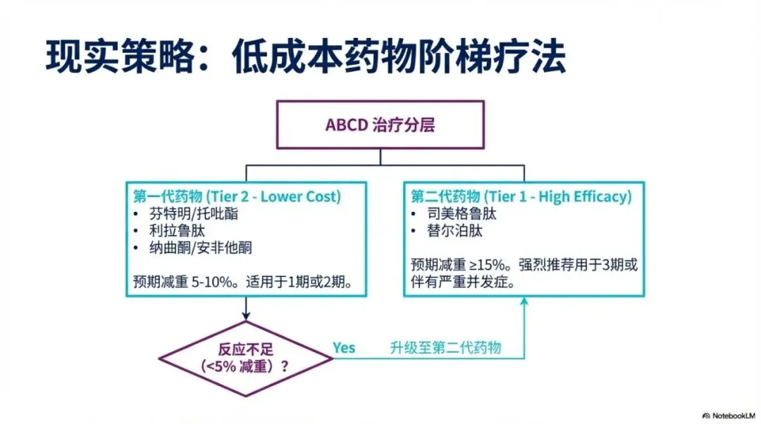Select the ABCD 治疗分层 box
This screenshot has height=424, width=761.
380,125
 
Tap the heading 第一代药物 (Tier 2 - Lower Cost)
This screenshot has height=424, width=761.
237,197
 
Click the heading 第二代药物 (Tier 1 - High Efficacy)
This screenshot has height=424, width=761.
521,197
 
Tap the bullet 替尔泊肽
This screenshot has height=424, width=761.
446,230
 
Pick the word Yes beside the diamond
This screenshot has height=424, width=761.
344,348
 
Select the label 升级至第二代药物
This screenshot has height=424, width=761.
445,348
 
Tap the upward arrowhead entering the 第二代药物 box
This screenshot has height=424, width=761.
524,301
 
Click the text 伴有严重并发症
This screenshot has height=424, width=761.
462,282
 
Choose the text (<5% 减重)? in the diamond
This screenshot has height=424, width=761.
245,366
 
